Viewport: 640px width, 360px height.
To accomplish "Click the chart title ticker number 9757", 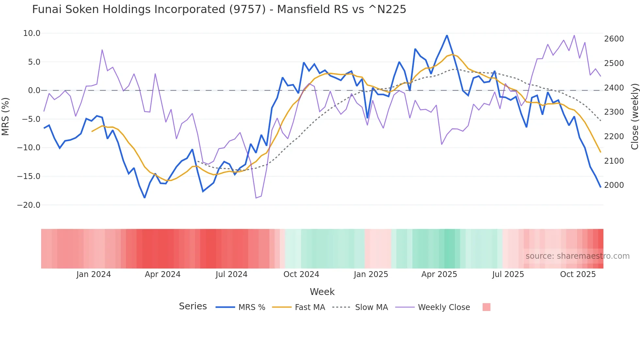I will tap(248, 9).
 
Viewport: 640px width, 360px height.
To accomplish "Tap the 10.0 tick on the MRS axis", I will tap(32, 33).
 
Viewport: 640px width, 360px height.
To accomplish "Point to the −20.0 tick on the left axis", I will tap(29, 205).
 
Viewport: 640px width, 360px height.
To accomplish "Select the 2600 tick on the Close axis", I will tap(614, 39).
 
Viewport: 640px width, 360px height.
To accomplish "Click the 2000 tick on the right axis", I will tap(614, 185).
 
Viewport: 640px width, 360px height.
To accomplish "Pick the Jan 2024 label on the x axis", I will tap(94, 274).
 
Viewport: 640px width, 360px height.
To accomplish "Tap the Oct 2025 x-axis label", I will tap(578, 274).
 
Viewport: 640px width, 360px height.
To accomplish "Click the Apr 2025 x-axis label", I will tap(439, 274).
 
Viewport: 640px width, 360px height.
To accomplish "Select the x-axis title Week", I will tap(322, 292).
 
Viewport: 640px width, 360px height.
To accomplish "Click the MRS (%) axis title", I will tap(6, 116).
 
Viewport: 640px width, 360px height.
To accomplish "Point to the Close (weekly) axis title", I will tap(634, 116).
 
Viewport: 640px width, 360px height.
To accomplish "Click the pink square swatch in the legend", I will tap(486, 307).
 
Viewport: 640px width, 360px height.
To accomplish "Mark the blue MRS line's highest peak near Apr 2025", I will tap(447, 35).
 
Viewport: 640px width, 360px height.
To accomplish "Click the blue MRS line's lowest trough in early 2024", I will tap(145, 198).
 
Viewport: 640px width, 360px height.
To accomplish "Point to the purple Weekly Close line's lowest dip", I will tap(256, 198).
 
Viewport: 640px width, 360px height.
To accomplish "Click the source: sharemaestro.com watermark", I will tap(577, 256).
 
